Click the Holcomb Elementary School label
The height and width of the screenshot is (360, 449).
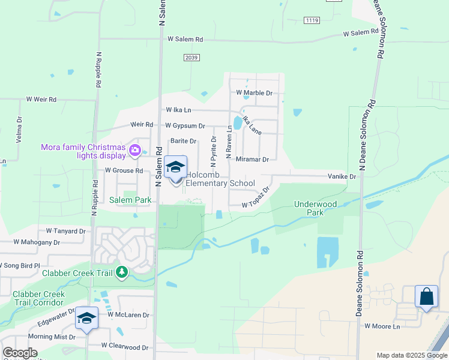point(220,179)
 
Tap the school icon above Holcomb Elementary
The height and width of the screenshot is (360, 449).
point(176,167)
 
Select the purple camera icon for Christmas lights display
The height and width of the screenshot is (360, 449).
point(135,150)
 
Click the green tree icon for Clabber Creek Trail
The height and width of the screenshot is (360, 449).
point(122,272)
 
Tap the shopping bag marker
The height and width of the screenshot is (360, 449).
point(426,296)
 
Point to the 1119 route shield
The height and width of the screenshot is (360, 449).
point(312,20)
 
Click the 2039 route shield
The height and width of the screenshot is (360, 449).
point(191,56)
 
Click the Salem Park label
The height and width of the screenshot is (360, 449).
point(130,200)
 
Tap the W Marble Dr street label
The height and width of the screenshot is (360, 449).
point(255,93)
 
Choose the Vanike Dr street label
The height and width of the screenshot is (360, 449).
point(342,177)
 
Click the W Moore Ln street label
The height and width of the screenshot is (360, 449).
point(382,326)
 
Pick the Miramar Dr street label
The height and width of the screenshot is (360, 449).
point(252,159)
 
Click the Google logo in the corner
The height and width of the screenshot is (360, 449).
point(20,353)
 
